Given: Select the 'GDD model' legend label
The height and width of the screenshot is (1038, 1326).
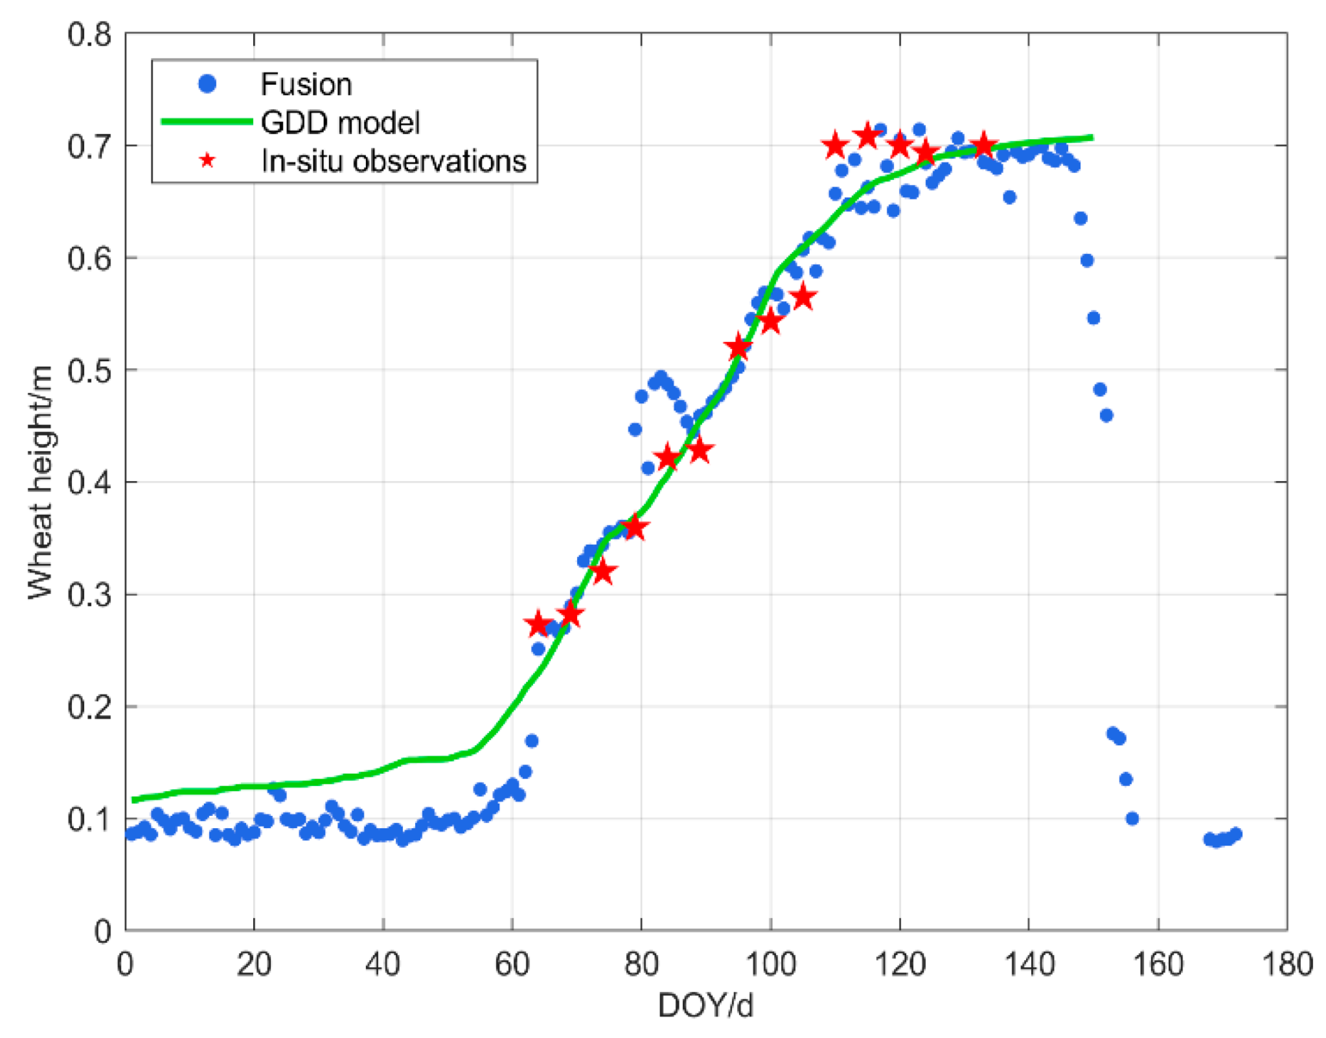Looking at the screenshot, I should coord(340,122).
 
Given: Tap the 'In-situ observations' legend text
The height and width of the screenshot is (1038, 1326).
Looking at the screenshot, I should coord(393,161).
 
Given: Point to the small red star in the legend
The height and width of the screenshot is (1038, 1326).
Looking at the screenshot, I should coord(208,161).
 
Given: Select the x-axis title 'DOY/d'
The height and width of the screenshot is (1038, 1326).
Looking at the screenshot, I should coord(705,1005).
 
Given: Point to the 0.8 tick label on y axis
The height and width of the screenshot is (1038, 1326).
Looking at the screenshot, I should coord(89,34).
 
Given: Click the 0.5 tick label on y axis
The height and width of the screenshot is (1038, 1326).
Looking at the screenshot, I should coord(89,370).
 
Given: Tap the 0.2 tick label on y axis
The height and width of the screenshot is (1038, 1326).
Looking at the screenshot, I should coord(89,707).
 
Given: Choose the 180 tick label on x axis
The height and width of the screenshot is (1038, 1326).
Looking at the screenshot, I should coord(1287,964).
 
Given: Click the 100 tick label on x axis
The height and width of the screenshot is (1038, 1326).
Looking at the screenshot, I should coord(771,964).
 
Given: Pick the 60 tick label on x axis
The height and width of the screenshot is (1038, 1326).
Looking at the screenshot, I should coord(512,964).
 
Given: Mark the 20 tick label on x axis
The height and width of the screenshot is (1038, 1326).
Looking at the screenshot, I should coord(254,964).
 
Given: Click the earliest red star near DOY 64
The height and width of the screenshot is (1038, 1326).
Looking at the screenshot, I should coord(537,624).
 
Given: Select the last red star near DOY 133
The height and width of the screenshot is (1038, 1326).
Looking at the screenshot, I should coord(983,147).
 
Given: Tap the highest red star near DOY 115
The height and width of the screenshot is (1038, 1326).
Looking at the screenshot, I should coord(867,136).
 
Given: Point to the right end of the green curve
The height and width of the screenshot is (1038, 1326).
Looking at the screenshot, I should coord(1092,138).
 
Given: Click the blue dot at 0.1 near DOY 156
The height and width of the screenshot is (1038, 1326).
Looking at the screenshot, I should coord(1131,819).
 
